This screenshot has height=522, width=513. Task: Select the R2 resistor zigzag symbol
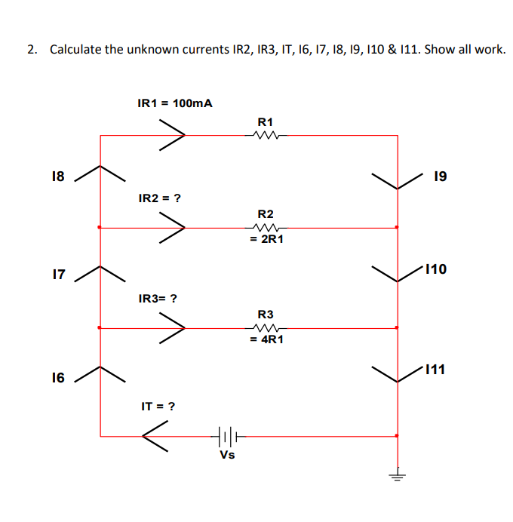tap(266, 227)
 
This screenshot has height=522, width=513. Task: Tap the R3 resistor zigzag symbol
tap(266, 328)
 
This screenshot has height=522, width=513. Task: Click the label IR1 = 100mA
tap(174, 103)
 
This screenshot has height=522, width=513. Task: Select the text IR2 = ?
tap(159, 198)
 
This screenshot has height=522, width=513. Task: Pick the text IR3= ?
tap(158, 298)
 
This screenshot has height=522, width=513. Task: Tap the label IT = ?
tap(158, 406)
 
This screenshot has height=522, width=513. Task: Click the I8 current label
tap(57, 177)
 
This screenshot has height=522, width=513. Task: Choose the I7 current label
tap(57, 275)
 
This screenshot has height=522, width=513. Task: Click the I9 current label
tap(441, 177)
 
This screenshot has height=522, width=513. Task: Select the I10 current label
tap(438, 268)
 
